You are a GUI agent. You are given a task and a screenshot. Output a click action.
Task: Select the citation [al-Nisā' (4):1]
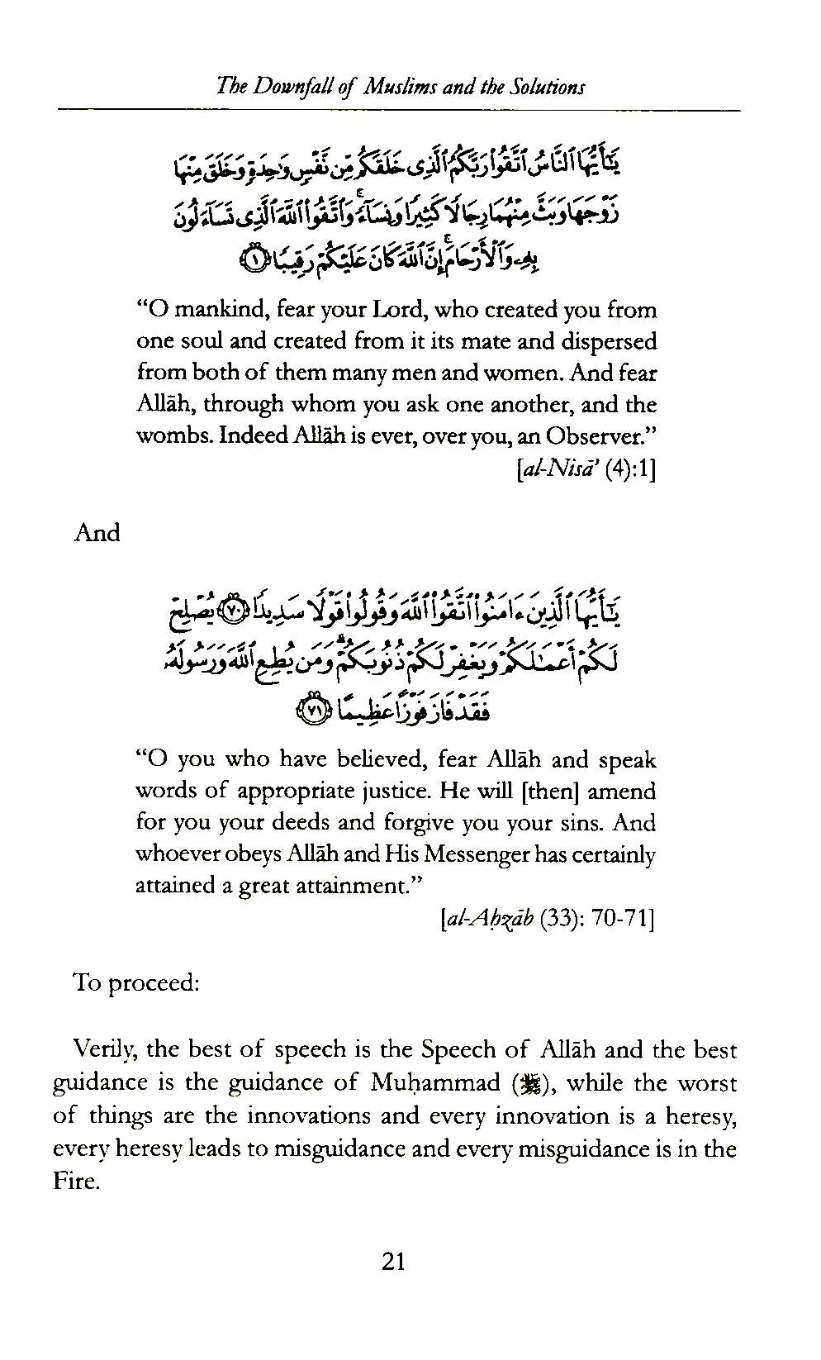(585, 470)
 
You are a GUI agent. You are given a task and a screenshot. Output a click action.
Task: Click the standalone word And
(97, 533)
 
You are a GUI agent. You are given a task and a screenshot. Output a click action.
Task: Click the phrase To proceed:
(135, 983)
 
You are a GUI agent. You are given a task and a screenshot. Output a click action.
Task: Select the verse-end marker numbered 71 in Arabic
(311, 710)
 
